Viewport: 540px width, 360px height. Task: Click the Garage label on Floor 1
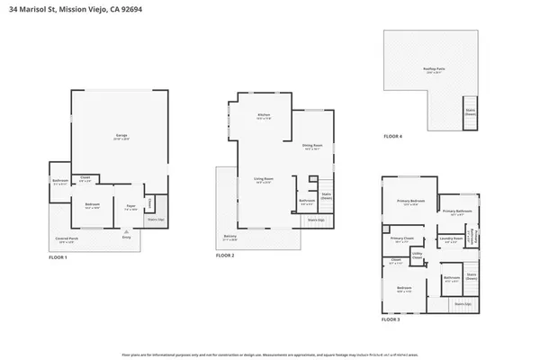click(121, 138)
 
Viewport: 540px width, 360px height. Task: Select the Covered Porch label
click(66, 240)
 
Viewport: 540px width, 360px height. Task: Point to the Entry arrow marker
click(125, 231)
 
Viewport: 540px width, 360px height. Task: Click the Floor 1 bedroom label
click(92, 206)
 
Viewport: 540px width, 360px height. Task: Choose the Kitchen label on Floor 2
click(264, 116)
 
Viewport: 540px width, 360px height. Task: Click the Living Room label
click(263, 179)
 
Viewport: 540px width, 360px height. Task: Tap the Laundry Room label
click(447, 240)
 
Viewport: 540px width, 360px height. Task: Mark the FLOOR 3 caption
click(392, 319)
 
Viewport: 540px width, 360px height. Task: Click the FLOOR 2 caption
click(225, 256)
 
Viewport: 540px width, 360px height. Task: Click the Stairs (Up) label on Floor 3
click(463, 304)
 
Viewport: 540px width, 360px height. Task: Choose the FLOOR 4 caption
click(392, 136)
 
